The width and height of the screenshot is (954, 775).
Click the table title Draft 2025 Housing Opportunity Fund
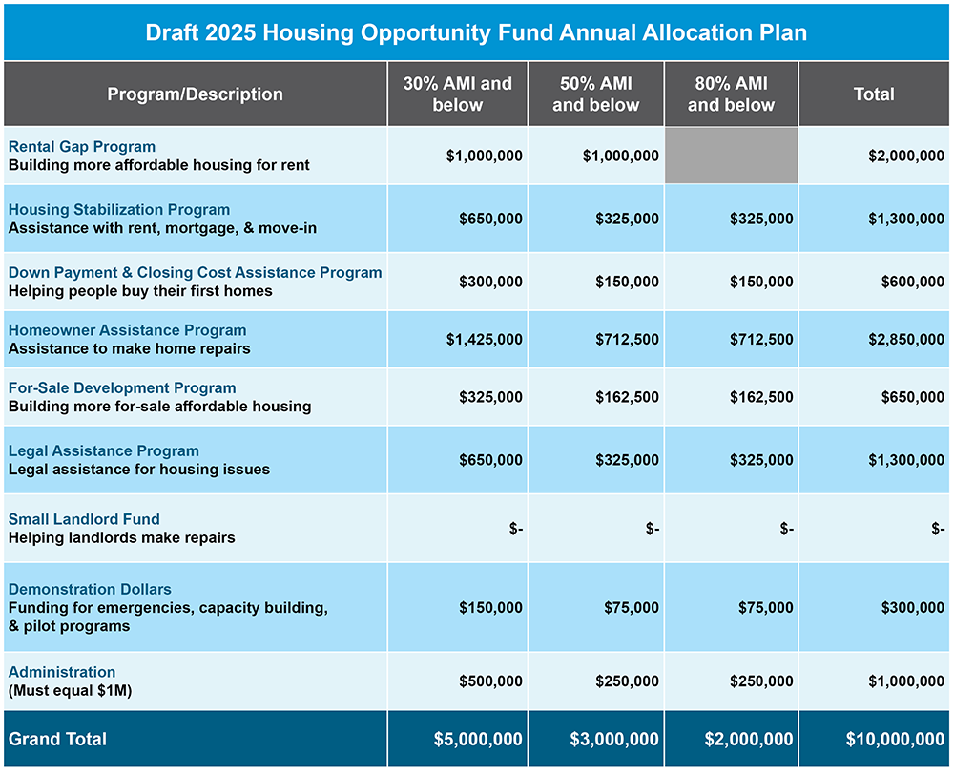coord(476,32)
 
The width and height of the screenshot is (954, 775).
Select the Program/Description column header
coord(195,94)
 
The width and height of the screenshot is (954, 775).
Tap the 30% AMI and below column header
coord(457,94)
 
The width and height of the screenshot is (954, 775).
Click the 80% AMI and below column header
coord(731,94)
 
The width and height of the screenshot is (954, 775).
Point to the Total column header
coord(874,94)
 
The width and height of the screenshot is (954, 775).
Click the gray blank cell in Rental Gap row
coord(731,156)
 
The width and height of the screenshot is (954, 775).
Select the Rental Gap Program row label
coord(82,147)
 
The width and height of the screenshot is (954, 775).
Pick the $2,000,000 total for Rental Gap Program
coord(905,156)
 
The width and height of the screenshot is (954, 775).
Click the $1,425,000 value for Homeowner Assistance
coord(484,340)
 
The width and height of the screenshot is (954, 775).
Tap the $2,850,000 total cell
coord(905,340)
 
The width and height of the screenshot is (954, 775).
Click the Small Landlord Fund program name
coord(84,519)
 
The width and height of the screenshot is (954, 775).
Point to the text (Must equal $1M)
coord(70,690)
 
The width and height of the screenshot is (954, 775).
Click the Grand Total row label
coord(58,739)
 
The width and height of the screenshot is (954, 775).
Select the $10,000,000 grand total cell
coord(894,740)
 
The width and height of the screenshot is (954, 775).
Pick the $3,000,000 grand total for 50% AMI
coord(613,740)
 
